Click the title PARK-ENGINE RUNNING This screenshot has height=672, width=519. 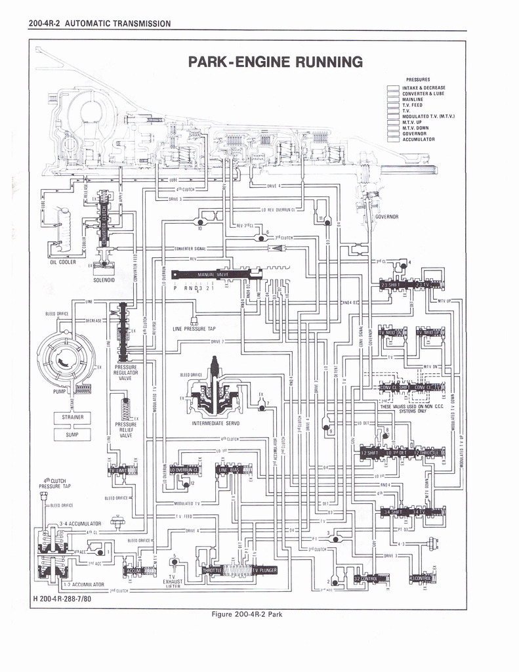pos(275,62)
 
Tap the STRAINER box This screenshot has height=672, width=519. pos(72,417)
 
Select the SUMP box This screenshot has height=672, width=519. pos(72,434)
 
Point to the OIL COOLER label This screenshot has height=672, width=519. pos(63,262)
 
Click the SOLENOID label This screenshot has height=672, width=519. pos(104,280)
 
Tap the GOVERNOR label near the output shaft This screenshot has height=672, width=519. pos(386,216)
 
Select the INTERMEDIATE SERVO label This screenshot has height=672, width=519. pos(216,423)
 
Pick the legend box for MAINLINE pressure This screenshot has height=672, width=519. pos(393,99)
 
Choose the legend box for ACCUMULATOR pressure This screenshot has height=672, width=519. pos(393,139)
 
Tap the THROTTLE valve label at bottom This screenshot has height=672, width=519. pos(213,570)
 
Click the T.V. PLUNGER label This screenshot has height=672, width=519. pos(264,570)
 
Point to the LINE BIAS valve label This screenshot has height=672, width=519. pos(230,470)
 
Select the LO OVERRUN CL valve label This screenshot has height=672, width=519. pos(185,470)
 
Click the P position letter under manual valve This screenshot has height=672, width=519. pos(175,289)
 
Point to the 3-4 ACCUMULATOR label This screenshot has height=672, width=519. pos(80,524)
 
